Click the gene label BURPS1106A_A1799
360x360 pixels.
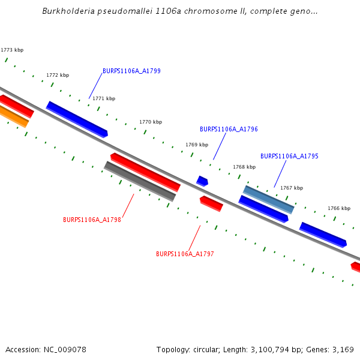click(131, 71)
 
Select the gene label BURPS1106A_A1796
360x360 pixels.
click(229, 129)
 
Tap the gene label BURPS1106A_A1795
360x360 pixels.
click(289, 156)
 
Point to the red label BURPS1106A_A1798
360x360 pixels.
click(92, 220)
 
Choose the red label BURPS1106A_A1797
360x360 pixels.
click(185, 254)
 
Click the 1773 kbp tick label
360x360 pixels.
click(12, 50)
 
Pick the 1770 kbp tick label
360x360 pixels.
click(151, 122)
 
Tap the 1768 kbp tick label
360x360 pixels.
click(244, 167)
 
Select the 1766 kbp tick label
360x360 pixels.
click(338, 208)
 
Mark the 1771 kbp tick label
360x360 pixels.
click(104, 98)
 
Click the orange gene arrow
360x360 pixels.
click(13, 116)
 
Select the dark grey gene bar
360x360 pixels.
click(140, 181)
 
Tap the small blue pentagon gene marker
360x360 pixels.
click(202, 181)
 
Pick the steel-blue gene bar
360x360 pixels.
click(268, 199)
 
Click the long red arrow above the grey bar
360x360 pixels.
click(145, 171)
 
